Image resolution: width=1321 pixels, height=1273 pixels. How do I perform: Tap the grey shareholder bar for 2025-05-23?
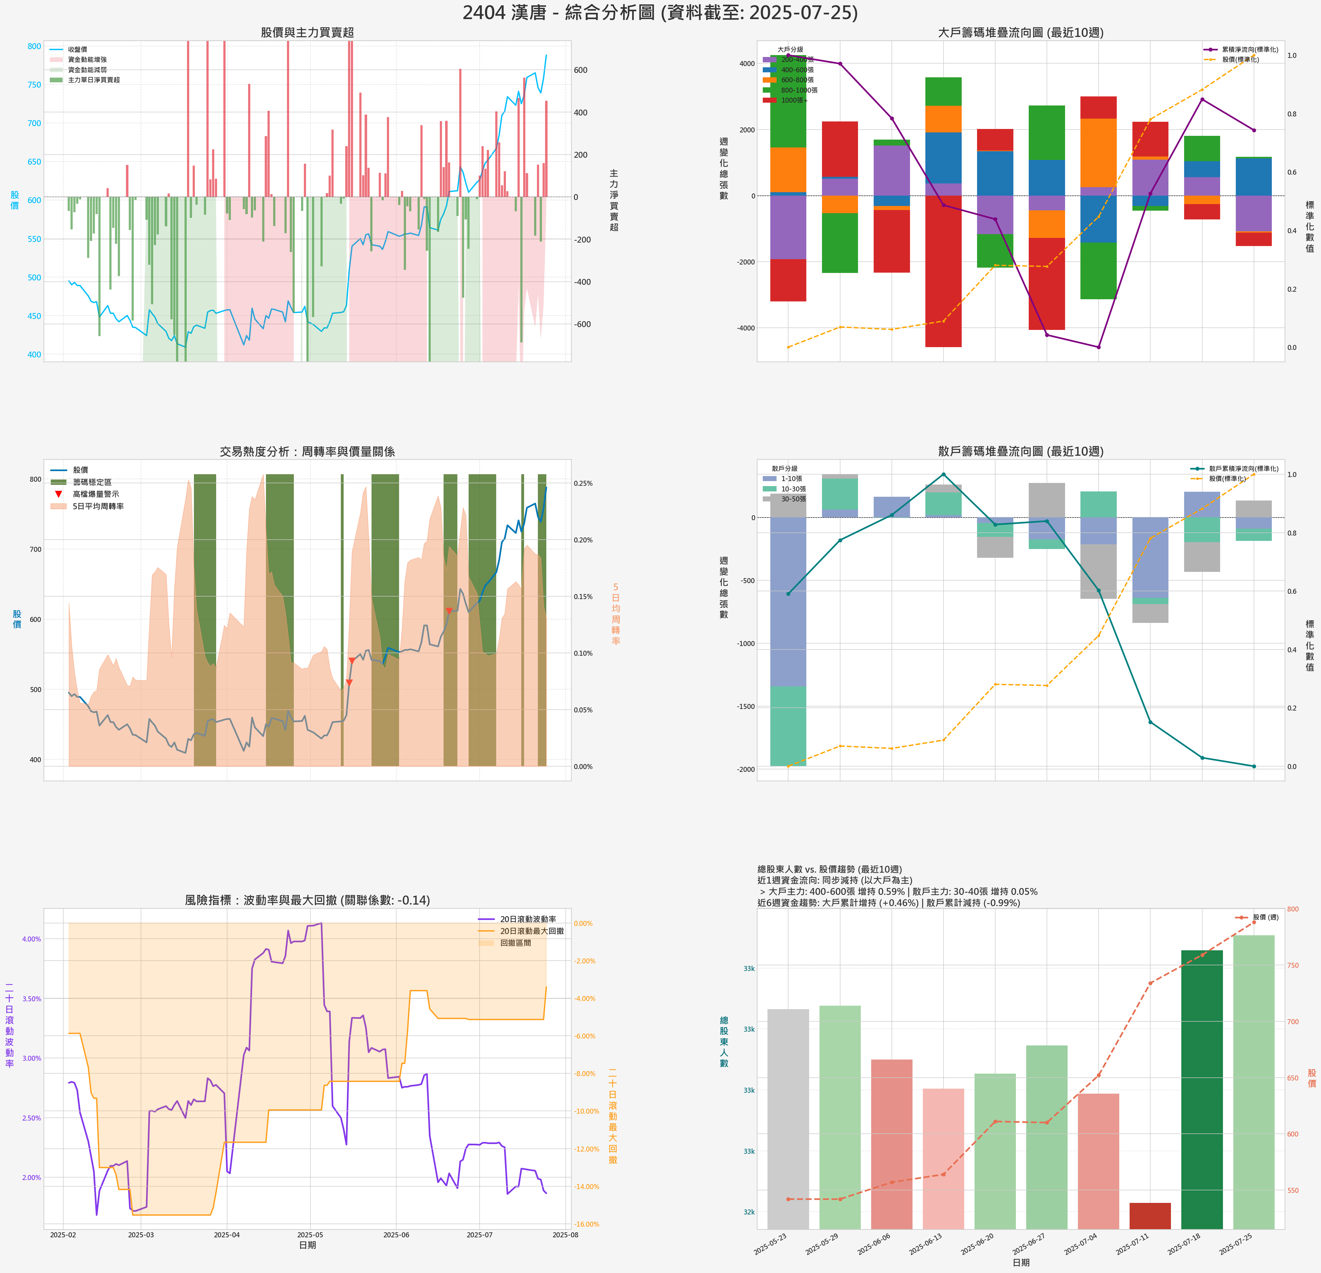tap(788, 1118)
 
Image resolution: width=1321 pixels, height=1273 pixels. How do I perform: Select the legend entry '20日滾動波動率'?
tap(528, 919)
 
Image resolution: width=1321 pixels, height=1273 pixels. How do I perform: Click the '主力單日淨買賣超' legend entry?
tap(94, 80)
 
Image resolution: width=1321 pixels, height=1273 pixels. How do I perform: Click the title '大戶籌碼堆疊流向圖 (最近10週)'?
tap(1020, 32)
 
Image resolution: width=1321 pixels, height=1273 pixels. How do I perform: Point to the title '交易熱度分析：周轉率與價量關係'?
tap(307, 451)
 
